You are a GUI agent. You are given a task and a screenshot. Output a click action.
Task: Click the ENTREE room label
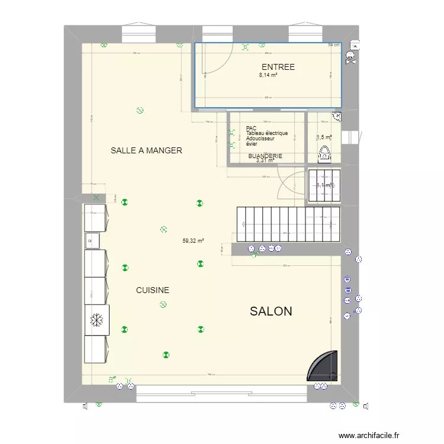(278, 67)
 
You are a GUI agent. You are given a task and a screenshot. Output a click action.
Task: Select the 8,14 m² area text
(269, 75)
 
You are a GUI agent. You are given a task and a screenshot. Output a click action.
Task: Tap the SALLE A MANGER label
(146, 150)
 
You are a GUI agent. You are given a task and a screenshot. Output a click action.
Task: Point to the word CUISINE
(153, 290)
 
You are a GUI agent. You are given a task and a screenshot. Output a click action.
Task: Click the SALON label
(271, 311)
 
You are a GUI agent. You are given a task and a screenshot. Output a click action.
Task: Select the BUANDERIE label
(265, 156)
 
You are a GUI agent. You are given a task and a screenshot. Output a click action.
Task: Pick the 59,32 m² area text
(194, 241)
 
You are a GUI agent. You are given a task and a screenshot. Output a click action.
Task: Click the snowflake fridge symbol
(95, 320)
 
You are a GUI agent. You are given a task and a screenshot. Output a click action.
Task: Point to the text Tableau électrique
(267, 133)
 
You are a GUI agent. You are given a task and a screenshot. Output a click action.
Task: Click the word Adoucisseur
(260, 139)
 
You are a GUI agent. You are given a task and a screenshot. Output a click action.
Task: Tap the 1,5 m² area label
(324, 137)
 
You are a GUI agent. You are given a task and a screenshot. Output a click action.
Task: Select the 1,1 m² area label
(324, 185)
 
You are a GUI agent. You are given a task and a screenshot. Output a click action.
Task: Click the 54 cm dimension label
(334, 45)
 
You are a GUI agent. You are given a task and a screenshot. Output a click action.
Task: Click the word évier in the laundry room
(252, 144)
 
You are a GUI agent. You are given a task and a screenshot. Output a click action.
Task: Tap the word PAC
(251, 128)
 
